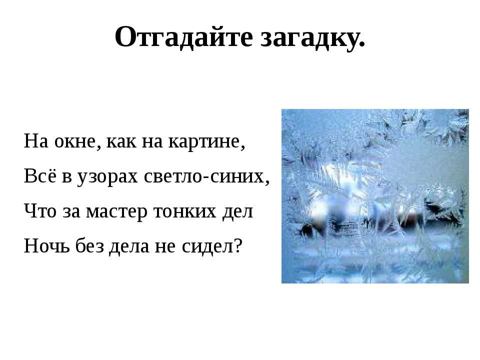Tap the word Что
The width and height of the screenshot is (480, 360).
click(40, 211)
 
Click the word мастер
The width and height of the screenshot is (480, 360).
click(116, 212)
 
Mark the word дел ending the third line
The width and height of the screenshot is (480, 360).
click(237, 212)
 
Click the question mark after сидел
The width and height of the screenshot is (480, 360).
click(238, 245)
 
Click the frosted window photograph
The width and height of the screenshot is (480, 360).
click(375, 196)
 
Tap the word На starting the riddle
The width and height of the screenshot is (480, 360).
click(36, 141)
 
